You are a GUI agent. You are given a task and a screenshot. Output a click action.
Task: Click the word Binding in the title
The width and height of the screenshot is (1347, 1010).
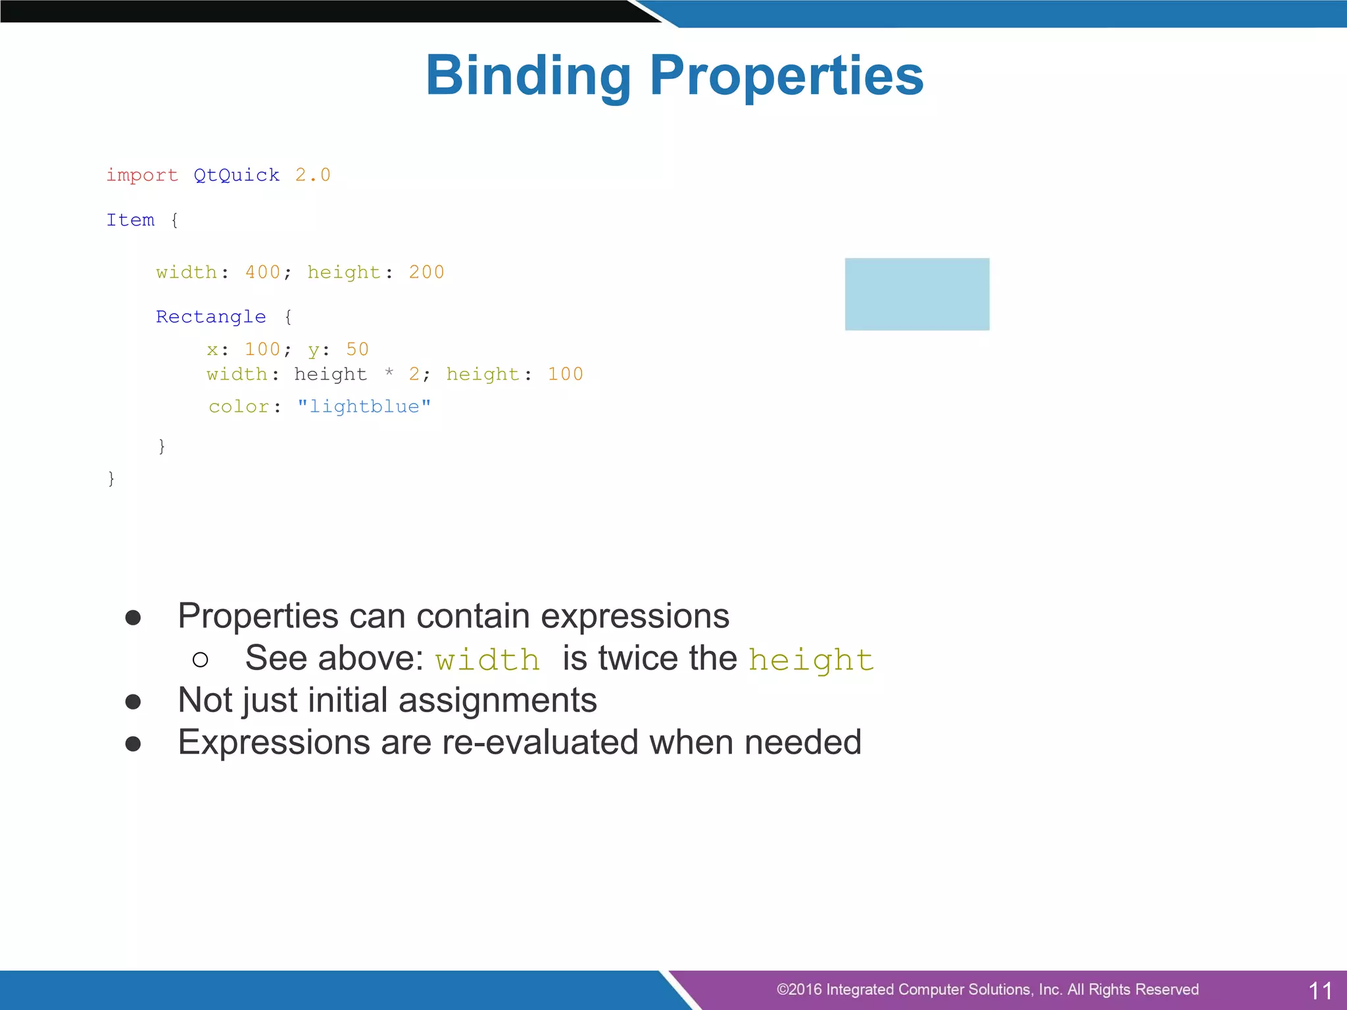tap(528, 76)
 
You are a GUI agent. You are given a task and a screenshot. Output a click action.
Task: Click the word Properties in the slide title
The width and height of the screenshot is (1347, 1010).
tap(787, 76)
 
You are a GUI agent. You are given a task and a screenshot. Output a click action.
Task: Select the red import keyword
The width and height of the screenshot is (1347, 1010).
tap(142, 175)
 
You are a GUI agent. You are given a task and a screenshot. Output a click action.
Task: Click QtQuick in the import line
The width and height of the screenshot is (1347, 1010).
tap(236, 175)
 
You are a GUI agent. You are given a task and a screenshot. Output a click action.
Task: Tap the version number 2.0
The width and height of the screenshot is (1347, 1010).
tap(312, 175)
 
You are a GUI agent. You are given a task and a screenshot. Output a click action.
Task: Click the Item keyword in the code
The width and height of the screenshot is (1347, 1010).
tap(130, 220)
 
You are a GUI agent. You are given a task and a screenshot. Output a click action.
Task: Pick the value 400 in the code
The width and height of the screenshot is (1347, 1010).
tap(262, 272)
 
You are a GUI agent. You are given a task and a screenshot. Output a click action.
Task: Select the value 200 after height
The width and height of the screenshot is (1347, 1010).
tap(426, 272)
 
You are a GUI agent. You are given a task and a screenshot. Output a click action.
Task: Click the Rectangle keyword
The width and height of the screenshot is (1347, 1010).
tap(210, 317)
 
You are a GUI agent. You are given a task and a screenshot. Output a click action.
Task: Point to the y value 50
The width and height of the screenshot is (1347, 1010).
tap(357, 349)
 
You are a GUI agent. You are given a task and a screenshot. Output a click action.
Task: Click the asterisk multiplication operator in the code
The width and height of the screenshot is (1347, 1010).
tap(389, 373)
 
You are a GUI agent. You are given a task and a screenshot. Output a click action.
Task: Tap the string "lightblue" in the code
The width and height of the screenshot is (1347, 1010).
tap(364, 406)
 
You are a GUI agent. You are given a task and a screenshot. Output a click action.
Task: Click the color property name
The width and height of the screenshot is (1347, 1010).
tap(239, 406)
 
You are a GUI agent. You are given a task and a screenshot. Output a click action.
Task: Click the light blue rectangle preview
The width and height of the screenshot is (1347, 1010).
tap(917, 294)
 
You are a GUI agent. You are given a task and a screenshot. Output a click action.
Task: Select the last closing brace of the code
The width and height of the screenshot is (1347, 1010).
tap(111, 478)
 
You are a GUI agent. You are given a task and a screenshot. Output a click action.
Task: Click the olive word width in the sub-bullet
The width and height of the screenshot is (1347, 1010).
tap(487, 660)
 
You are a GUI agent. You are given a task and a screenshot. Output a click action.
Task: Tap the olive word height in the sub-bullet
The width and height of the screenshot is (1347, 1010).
tap(811, 660)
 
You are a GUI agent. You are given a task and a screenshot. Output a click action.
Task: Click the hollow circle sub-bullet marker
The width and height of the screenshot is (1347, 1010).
tap(201, 660)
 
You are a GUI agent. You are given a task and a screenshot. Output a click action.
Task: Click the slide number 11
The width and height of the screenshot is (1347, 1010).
tap(1320, 990)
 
